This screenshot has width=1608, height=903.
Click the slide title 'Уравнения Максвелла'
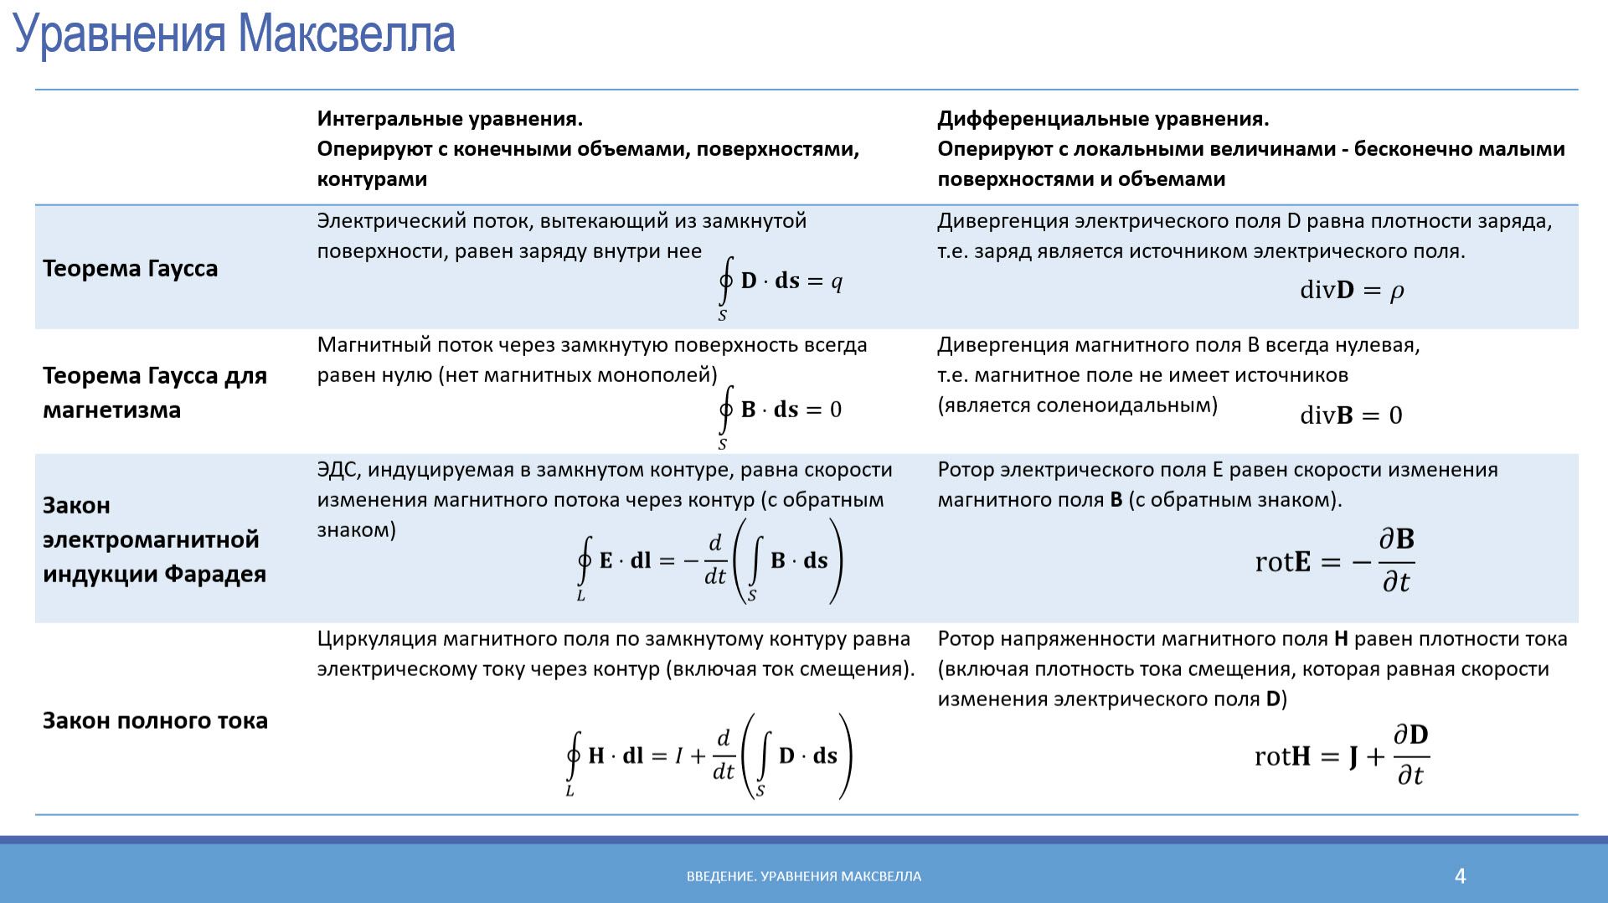pos(234,35)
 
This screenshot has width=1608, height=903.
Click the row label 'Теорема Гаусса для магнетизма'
pos(155,392)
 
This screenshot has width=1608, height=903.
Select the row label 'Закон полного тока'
pos(155,720)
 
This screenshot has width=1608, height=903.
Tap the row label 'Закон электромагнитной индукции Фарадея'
pos(155,539)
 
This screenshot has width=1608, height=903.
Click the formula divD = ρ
pos(1351,290)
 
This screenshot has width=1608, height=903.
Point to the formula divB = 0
pos(1350,415)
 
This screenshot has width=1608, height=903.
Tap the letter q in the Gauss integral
pos(836,281)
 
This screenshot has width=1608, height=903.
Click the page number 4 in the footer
pos(1460,876)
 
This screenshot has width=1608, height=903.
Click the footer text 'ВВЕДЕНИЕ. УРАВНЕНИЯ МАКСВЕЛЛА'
pos(803,876)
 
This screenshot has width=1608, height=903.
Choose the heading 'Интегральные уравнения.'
pos(450,119)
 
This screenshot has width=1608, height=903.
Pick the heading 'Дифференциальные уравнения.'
pos(1103,119)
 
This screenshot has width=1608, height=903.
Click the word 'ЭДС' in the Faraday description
pos(338,470)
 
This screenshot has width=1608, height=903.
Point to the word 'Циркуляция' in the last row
pos(376,639)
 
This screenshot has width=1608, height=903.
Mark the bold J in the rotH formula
pos(1353,757)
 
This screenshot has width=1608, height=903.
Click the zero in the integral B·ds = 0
pos(835,410)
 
